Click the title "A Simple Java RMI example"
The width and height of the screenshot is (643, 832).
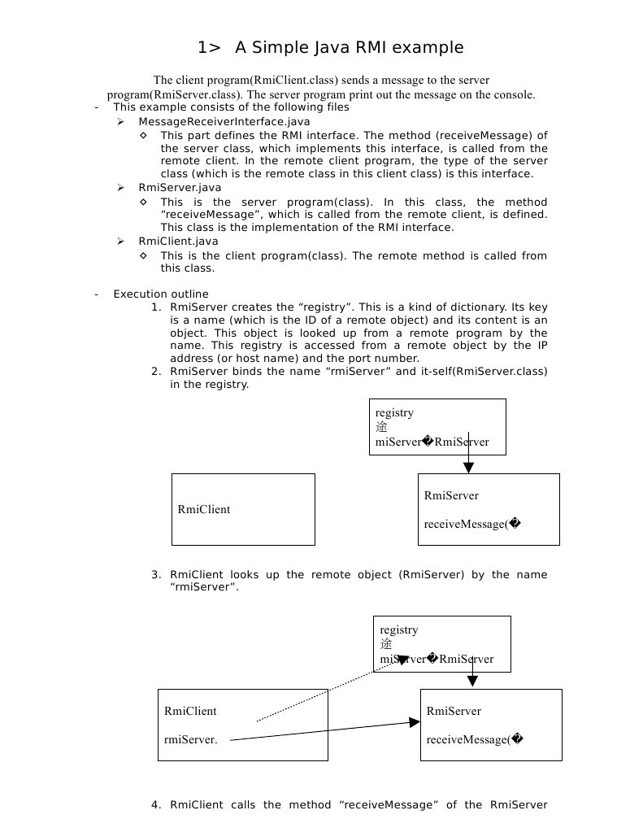pyautogui.click(x=350, y=48)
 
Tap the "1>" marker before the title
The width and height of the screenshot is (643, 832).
pyautogui.click(x=209, y=48)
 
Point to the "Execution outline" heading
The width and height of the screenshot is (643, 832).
pyautogui.click(x=160, y=294)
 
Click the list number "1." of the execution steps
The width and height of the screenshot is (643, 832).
pyautogui.click(x=156, y=307)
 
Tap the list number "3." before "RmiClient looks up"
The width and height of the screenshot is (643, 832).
pyautogui.click(x=156, y=575)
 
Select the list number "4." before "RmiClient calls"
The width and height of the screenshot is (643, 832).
pyautogui.click(x=156, y=805)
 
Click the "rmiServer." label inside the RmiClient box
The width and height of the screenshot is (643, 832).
pyautogui.click(x=190, y=739)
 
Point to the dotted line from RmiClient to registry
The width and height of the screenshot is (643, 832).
pyautogui.click(x=333, y=689)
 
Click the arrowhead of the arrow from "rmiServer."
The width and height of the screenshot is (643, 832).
pyautogui.click(x=415, y=721)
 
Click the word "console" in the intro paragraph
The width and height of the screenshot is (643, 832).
pyautogui.click(x=514, y=94)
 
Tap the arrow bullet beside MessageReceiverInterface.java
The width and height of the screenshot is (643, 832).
pyautogui.click(x=120, y=121)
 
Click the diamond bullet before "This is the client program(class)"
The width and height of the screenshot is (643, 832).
pyautogui.click(x=144, y=255)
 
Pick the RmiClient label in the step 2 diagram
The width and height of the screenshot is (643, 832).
pyautogui.click(x=203, y=510)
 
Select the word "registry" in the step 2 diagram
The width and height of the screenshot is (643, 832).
pyautogui.click(x=394, y=412)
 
